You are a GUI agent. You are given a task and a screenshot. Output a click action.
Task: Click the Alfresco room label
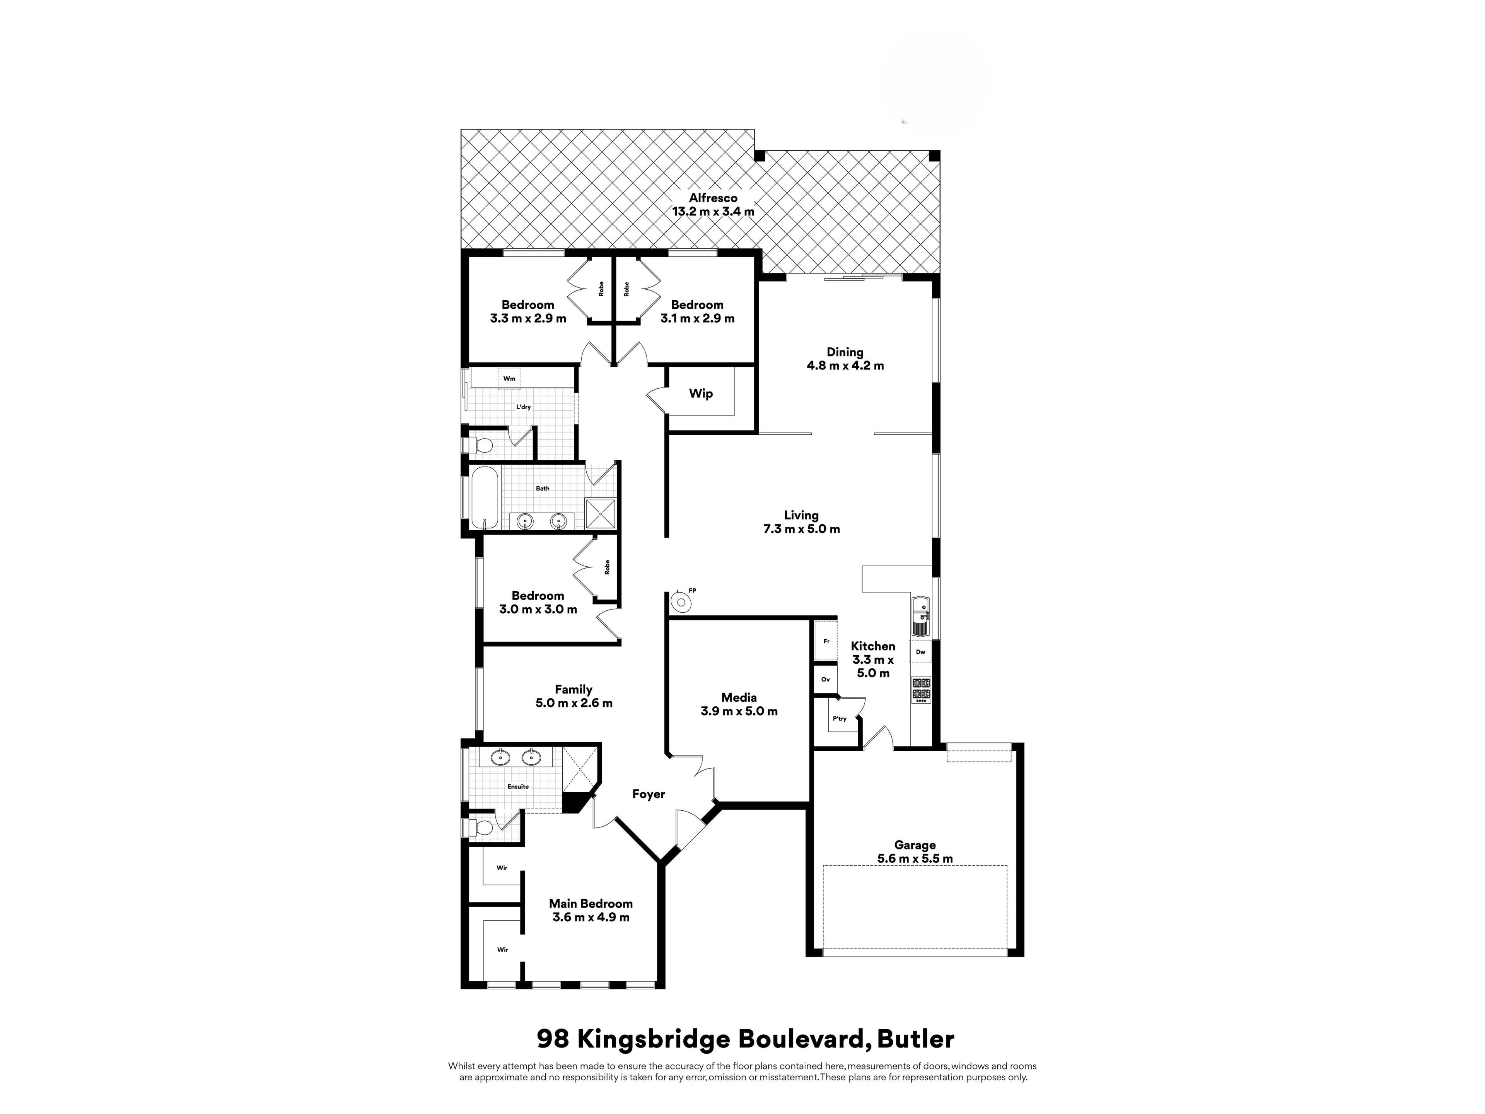point(713,198)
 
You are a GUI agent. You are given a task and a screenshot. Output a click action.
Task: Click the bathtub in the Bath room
point(484,498)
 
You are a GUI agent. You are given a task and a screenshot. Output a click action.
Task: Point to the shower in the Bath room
point(600,513)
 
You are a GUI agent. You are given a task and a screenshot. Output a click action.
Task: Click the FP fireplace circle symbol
point(681,601)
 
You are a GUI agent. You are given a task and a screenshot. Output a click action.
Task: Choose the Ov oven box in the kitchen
point(825,680)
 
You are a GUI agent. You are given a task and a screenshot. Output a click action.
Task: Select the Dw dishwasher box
point(920,652)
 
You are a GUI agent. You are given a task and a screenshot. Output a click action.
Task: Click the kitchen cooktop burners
point(921,690)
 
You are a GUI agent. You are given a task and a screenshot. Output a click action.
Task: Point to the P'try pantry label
point(839,719)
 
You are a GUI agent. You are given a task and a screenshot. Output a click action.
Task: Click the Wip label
point(701,393)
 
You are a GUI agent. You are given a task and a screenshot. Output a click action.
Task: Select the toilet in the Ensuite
point(479,828)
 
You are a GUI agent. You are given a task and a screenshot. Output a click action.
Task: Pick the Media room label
point(739,698)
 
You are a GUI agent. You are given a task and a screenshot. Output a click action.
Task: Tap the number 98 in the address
point(553,1039)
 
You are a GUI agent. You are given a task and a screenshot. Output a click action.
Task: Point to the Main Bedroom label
point(591,904)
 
